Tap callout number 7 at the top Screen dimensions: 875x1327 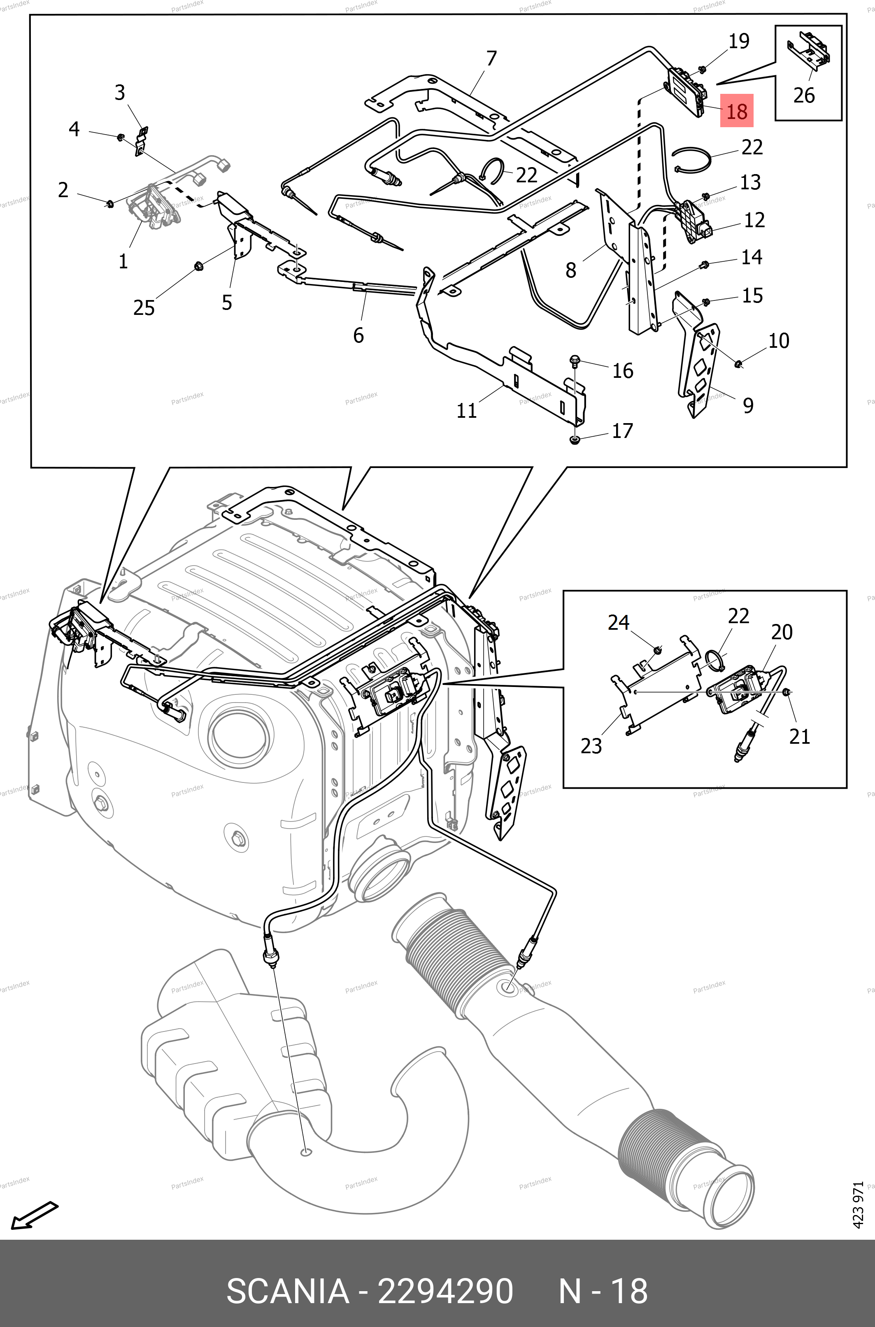click(491, 58)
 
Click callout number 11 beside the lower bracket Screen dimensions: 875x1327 click(467, 411)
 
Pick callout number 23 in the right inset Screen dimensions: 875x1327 click(591, 745)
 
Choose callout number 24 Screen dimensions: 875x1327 click(618, 622)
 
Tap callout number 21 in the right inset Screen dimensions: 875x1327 click(799, 737)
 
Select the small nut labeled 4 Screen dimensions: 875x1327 click(120, 137)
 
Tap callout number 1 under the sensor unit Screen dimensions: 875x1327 click(123, 261)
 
